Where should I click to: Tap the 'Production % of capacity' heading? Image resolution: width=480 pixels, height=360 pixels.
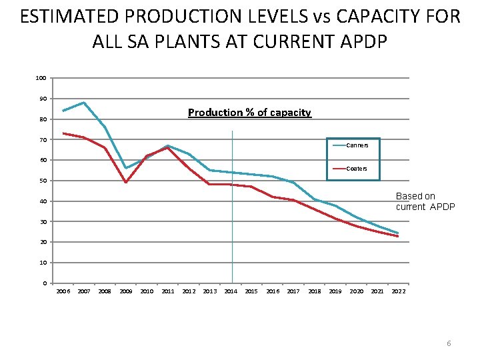click(x=249, y=113)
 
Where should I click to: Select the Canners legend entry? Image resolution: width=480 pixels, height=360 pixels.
click(x=357, y=145)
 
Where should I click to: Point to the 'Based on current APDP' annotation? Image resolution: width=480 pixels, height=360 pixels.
click(x=425, y=201)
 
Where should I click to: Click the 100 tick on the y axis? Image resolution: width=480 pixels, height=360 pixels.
click(x=41, y=79)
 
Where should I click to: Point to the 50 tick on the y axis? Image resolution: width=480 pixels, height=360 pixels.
click(x=42, y=181)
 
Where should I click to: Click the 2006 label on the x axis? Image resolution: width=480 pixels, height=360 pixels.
click(x=63, y=291)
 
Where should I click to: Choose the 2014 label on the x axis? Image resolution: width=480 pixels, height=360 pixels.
click(x=231, y=291)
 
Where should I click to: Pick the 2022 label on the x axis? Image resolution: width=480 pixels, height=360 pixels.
click(x=398, y=291)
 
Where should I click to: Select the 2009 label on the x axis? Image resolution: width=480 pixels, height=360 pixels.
click(x=126, y=291)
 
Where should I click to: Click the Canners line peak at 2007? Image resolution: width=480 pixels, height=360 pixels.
click(x=84, y=103)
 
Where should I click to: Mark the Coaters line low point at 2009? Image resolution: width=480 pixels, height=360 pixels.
click(x=126, y=182)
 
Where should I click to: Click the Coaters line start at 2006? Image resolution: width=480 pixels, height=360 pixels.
click(x=63, y=133)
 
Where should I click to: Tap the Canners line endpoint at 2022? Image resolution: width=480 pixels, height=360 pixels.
click(x=398, y=233)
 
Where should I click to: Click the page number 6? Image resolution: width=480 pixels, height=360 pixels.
click(x=449, y=343)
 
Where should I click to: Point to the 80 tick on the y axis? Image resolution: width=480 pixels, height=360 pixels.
click(x=42, y=119)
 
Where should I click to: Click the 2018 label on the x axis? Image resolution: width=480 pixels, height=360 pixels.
click(x=315, y=291)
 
